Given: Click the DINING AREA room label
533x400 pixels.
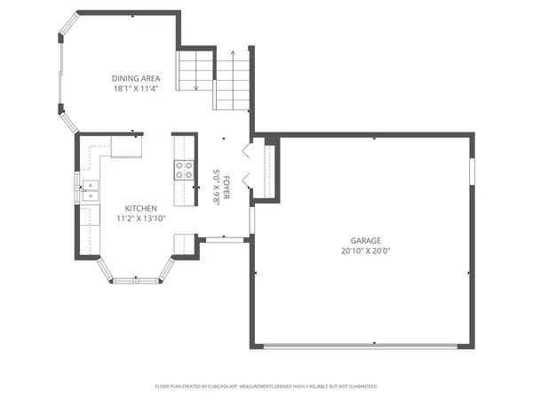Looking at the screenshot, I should tap(136, 77).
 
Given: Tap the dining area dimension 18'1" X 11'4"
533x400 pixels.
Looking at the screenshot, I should tap(136, 88).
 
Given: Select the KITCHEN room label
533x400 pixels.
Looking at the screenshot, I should tap(140, 208).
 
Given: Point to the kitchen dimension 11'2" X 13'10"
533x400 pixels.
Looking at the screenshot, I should tap(140, 218).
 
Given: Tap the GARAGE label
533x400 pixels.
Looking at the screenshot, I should tap(364, 241).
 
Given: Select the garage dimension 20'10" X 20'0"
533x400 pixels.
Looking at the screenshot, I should tap(364, 251).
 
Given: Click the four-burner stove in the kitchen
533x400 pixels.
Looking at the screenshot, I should tap(184, 170).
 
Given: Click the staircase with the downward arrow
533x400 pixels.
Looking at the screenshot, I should tap(195, 70).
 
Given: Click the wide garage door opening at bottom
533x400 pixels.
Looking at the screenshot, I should tap(364, 347).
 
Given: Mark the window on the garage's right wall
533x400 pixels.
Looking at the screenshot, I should tap(472, 170).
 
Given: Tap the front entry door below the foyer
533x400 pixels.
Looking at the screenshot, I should tap(224, 239).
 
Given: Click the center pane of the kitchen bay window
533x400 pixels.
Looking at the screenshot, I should tap(135, 281).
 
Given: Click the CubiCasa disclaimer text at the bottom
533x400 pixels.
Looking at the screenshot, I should tap(266, 387).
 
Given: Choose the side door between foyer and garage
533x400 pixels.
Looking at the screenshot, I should tap(251, 219).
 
